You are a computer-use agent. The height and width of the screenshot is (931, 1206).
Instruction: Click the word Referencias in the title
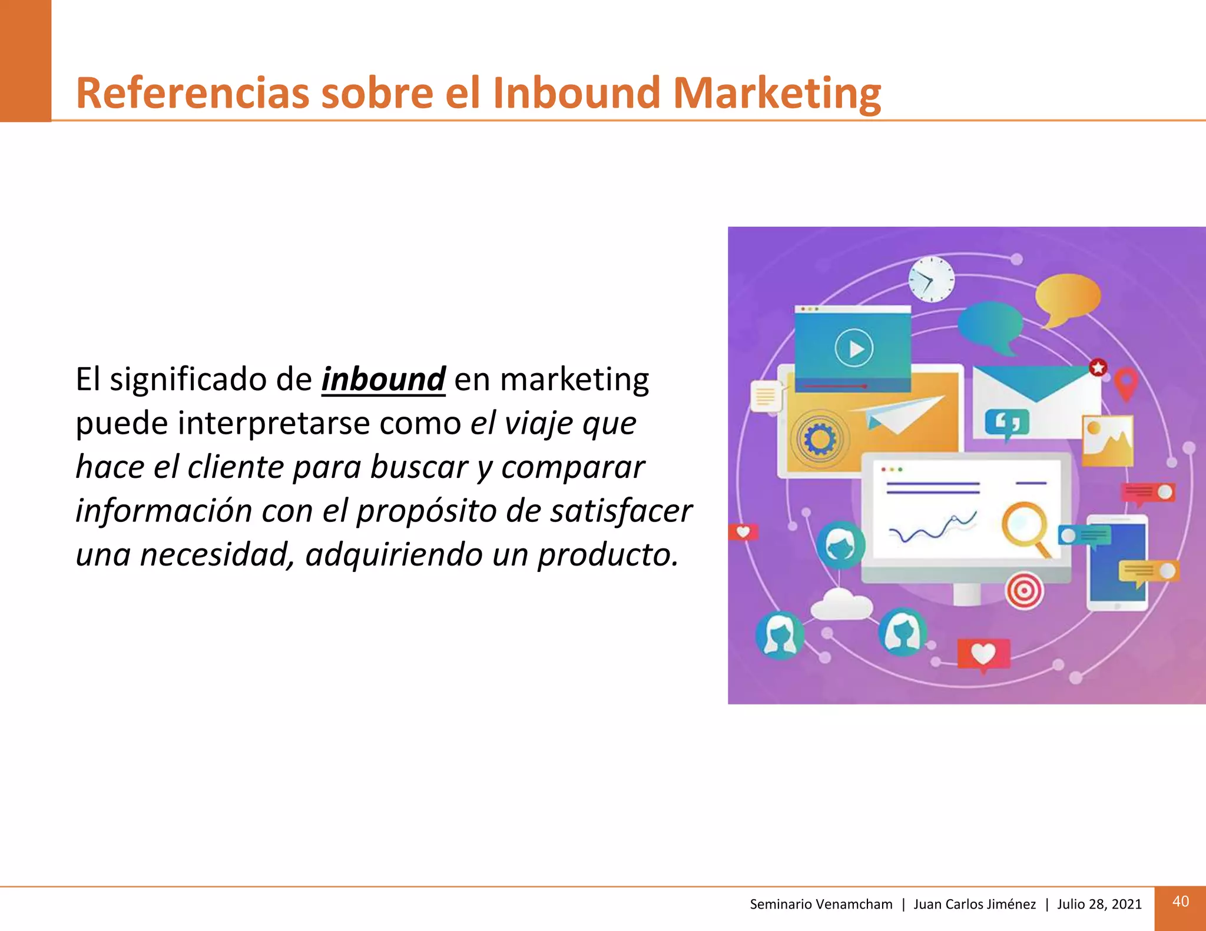192,93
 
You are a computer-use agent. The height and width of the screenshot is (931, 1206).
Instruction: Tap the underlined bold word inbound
383,379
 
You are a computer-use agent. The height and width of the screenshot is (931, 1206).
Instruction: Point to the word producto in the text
608,554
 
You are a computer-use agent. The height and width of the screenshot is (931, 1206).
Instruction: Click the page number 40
1180,902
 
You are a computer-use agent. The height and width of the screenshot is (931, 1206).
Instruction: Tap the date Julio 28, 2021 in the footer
1099,905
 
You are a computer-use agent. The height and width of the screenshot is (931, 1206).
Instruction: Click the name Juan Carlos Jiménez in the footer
974,905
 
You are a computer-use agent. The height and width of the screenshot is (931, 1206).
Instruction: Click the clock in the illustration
931,279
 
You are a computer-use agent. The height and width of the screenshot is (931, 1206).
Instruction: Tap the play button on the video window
854,348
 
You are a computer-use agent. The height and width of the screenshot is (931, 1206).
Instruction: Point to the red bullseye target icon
1024,590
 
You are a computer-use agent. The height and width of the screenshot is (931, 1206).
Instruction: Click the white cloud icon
841,604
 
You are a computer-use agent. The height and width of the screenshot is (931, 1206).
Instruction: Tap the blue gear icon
820,439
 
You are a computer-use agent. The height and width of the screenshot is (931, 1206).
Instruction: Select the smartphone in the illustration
1116,563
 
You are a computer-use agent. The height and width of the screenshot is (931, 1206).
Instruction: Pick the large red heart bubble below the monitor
983,654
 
